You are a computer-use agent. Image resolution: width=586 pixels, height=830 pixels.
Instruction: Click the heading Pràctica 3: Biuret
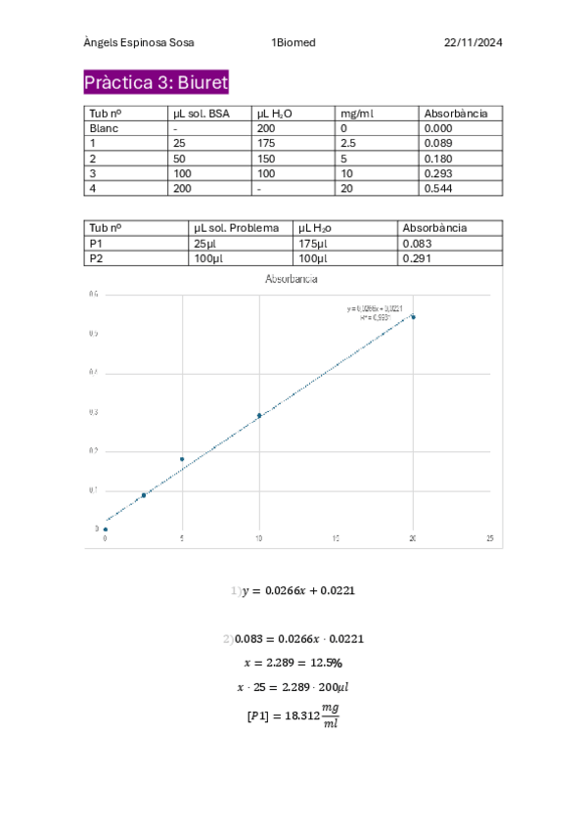tap(156, 81)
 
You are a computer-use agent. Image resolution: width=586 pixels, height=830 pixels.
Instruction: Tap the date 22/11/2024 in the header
tap(473, 43)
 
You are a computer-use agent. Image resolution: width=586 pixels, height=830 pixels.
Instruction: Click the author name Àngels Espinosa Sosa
tap(138, 43)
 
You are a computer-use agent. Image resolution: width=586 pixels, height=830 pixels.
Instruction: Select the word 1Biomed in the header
tap(293, 43)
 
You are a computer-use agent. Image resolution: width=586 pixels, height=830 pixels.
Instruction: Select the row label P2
tap(96, 258)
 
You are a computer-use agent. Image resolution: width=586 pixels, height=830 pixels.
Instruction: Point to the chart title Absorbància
tap(291, 280)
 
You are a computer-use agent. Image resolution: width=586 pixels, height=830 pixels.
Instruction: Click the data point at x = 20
tap(413, 317)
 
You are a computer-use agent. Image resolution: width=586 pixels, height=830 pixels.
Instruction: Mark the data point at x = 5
tap(182, 459)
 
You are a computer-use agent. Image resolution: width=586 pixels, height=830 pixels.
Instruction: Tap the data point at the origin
tap(106, 530)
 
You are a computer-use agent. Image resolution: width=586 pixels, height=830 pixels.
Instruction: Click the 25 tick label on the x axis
tap(489, 539)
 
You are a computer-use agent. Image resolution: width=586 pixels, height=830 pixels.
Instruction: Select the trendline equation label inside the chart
tap(368, 312)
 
